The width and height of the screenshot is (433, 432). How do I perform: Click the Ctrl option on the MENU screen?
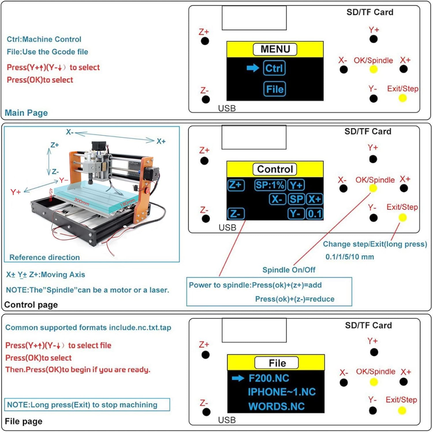pyautogui.click(x=274, y=68)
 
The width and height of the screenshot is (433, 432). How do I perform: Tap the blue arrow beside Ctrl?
pyautogui.click(x=253, y=68)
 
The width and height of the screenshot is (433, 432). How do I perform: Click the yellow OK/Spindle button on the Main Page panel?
pyautogui.click(x=373, y=69)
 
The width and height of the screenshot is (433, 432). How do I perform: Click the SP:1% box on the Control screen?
pyautogui.click(x=270, y=185)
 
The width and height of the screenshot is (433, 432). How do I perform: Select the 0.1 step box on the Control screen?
pyautogui.click(x=315, y=214)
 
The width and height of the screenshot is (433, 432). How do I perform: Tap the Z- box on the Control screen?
pyautogui.click(x=236, y=214)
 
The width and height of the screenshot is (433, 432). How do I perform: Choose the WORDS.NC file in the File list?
pyautogui.click(x=276, y=406)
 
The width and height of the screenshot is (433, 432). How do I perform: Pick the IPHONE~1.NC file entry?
pyautogui.click(x=281, y=392)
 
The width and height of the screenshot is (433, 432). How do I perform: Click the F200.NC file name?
pyautogui.click(x=269, y=378)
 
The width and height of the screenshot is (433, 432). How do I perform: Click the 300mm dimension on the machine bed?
pyautogui.click(x=82, y=201)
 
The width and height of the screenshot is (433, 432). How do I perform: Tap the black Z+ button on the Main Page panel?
pyautogui.click(x=205, y=41)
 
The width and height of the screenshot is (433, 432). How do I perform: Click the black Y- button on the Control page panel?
pyautogui.click(x=373, y=218)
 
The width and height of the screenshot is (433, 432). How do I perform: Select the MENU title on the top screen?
pyautogui.click(x=275, y=49)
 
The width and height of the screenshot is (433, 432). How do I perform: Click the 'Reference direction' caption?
pyautogui.click(x=44, y=257)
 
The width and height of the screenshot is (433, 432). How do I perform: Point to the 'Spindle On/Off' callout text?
pyautogui.click(x=289, y=270)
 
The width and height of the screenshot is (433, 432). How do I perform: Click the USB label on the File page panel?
pyautogui.click(x=227, y=420)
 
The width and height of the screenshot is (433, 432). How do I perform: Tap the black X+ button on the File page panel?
pyautogui.click(x=404, y=382)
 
